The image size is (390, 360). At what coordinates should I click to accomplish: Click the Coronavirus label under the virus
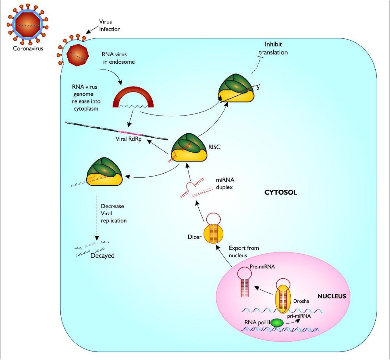pos(28,48)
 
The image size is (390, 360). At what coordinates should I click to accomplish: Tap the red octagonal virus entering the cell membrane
pos(78,55)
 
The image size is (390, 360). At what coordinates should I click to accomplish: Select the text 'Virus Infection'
pos(109,26)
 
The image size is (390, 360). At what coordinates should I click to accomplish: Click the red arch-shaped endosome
pos(133,97)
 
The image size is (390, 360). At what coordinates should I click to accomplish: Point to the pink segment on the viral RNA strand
pos(130,132)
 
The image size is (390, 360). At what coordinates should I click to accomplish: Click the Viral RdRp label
pos(128,139)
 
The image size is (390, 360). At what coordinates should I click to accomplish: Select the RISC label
pos(214,147)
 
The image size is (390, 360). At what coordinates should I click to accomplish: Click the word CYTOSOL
pos(281,192)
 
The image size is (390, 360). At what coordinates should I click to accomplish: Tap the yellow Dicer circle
pos(213,234)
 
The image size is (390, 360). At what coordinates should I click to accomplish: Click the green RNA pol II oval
pos(277,323)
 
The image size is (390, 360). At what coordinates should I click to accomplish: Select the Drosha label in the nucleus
pos(301,301)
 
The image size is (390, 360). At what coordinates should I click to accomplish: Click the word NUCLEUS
pos(332,296)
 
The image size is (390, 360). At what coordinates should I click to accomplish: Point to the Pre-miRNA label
pos(262,267)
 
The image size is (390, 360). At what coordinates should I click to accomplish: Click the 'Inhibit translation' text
pos(273,48)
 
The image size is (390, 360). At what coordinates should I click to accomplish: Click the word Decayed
pos(102,256)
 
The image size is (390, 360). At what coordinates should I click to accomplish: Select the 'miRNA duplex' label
pos(225,184)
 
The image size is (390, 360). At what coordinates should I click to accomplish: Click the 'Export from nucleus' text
pos(243,252)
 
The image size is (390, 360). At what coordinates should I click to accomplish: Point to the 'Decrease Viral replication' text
pos(113,213)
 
